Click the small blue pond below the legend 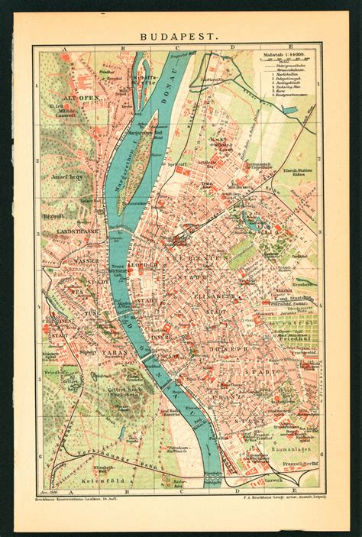(x=289, y=109)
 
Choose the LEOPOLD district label (x=141, y=265)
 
